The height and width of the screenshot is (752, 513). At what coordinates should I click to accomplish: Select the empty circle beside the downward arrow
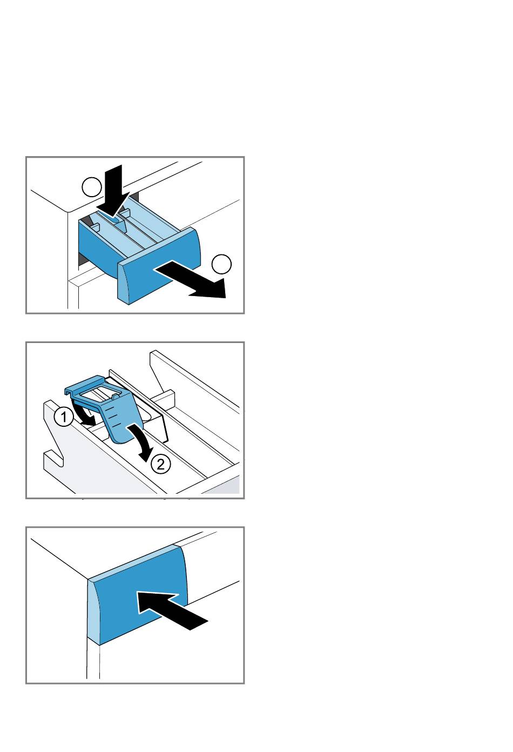click(x=92, y=187)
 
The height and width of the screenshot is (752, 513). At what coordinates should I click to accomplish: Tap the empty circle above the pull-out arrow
click(x=221, y=264)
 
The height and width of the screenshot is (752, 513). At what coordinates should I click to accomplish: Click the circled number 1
click(x=63, y=417)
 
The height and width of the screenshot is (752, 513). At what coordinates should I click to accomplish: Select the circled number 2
click(x=161, y=464)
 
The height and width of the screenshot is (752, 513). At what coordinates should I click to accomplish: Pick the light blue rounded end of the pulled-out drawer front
click(x=124, y=284)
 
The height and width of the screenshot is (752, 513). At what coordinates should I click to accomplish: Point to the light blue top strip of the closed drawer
click(x=134, y=563)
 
